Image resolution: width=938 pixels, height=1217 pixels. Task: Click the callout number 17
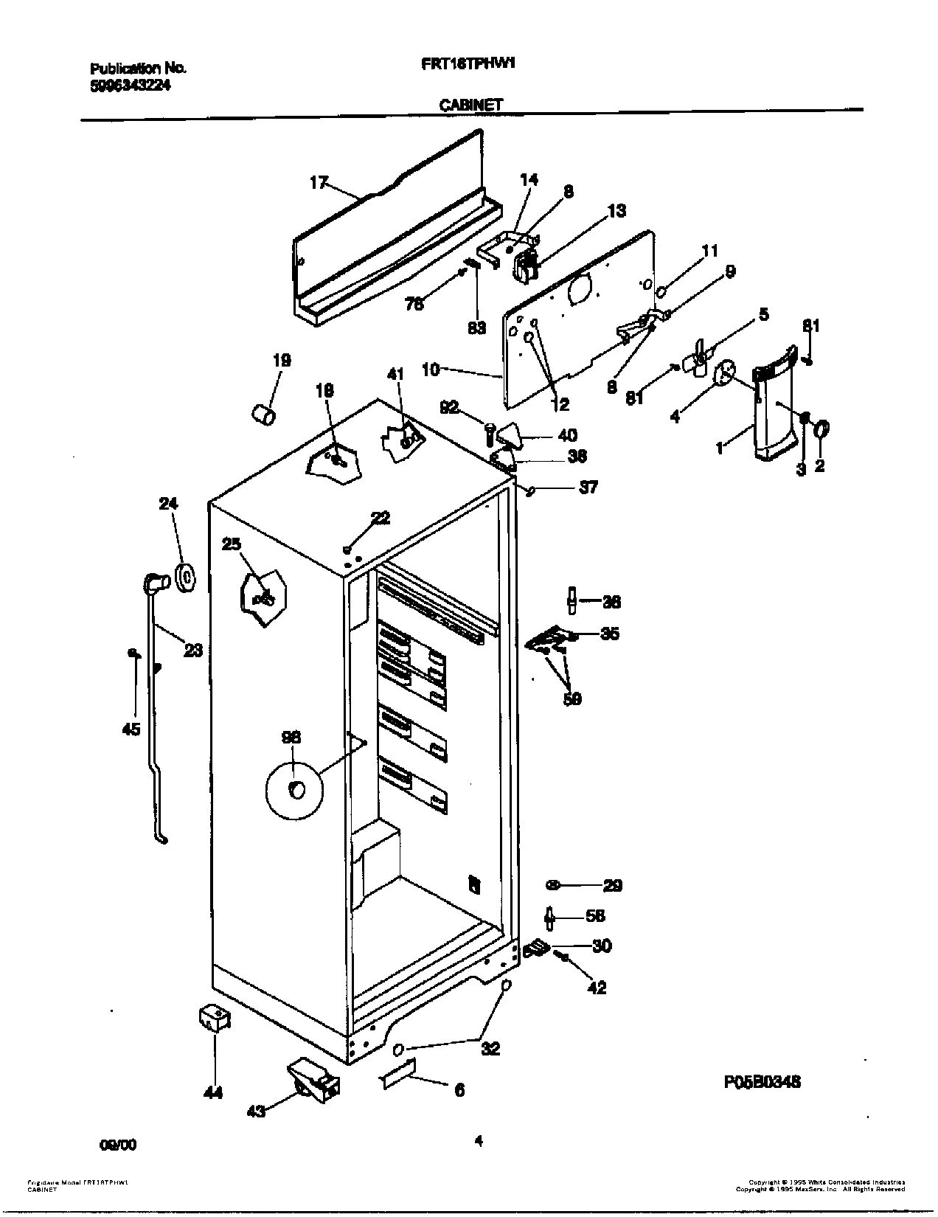(x=318, y=182)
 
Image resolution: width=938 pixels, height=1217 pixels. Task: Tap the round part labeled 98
(x=294, y=790)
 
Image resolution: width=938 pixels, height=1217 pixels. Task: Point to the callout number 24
(x=169, y=504)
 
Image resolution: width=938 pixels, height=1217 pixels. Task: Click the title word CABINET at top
(x=470, y=105)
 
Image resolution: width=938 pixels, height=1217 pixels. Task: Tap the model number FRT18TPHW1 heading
(x=466, y=63)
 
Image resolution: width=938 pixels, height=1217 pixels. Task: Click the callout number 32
(x=490, y=1048)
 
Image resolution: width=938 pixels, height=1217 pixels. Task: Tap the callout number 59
(x=572, y=698)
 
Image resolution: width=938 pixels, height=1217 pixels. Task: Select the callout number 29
(x=611, y=885)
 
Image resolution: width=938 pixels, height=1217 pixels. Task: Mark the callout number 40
(x=568, y=435)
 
